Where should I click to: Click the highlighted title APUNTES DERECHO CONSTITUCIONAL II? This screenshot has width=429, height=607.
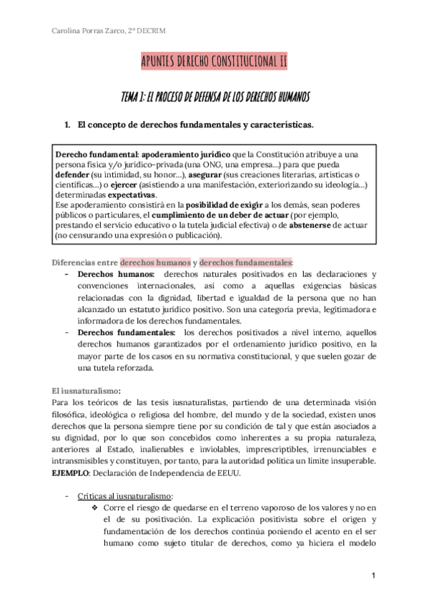tap(214, 62)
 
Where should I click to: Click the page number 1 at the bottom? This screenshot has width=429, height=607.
tap(373, 576)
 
